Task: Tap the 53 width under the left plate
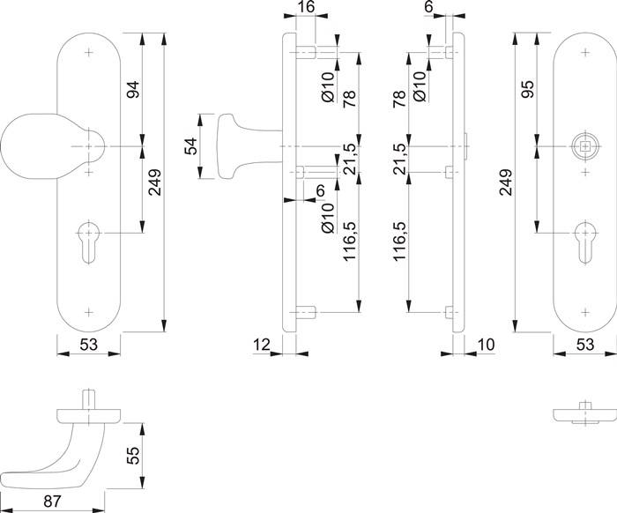(88, 346)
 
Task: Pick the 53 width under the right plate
(584, 346)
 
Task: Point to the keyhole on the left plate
(89, 239)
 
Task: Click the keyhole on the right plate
(584, 239)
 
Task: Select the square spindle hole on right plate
(584, 146)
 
